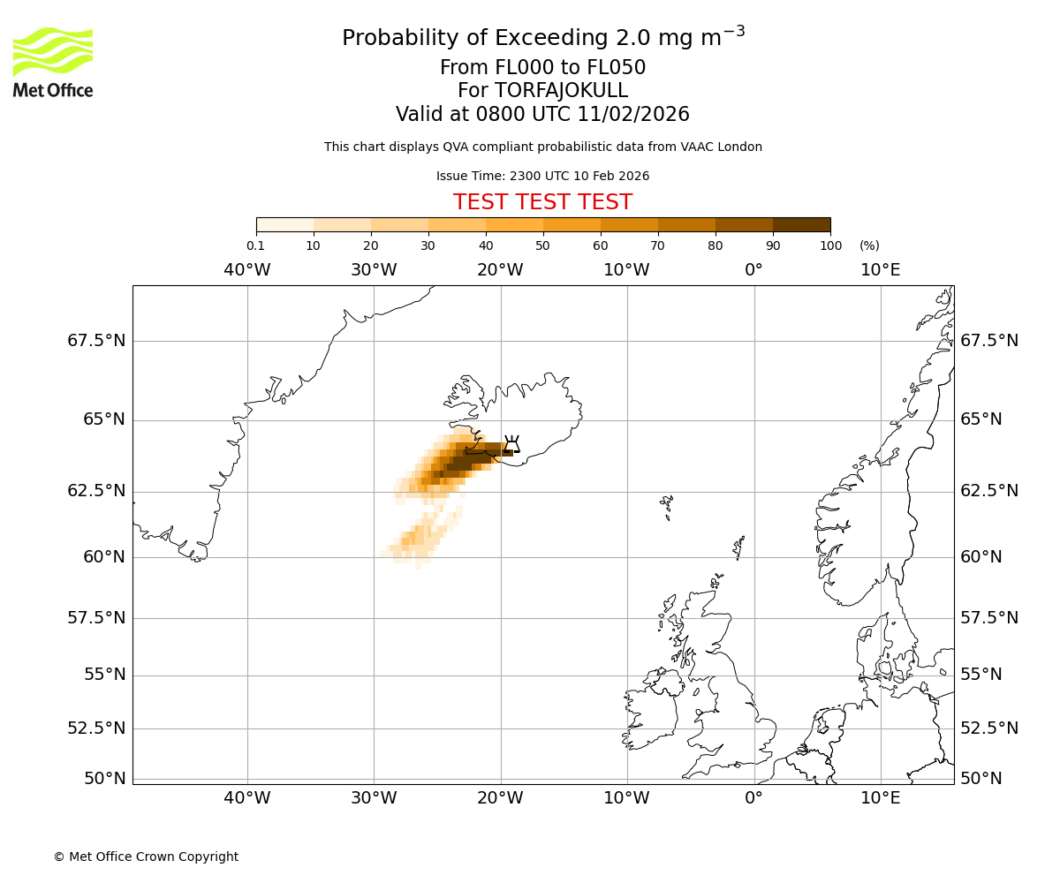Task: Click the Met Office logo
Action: (53, 62)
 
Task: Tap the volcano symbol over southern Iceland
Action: (511, 443)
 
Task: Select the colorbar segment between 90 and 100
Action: (801, 224)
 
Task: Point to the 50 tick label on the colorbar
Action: (543, 245)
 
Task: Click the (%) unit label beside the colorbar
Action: (869, 245)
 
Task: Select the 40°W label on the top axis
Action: (247, 269)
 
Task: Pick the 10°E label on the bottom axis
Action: (881, 799)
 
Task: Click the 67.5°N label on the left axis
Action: (96, 341)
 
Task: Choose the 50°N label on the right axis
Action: (981, 779)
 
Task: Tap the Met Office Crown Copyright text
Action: (146, 857)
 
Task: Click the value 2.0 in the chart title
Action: (630, 39)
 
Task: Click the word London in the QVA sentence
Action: (740, 147)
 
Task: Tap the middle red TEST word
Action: (542, 202)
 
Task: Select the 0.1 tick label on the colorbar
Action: (255, 245)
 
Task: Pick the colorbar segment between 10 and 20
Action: (342, 224)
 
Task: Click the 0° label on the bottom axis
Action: (753, 799)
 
